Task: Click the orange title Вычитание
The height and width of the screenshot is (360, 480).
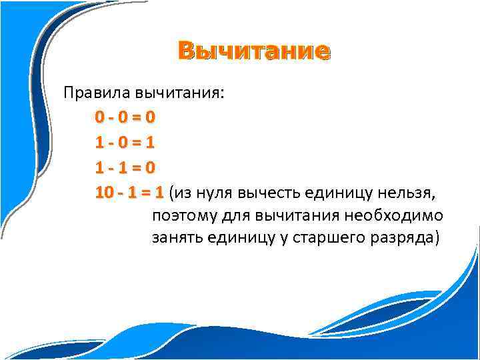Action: click(253, 51)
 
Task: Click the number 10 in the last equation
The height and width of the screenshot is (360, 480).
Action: click(104, 193)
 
